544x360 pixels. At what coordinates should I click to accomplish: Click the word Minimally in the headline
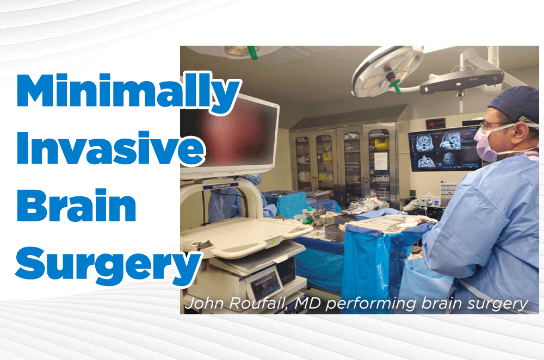click(128, 92)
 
